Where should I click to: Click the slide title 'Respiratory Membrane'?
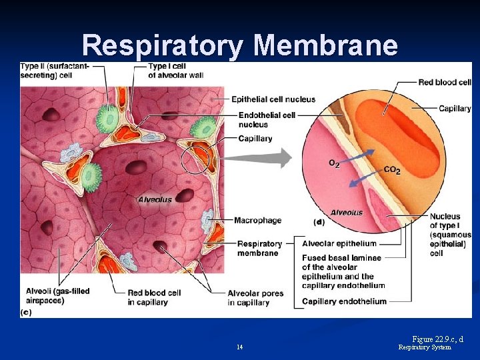click(240, 45)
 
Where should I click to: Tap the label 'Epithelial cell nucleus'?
click(273, 99)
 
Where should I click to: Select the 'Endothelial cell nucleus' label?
click(267, 119)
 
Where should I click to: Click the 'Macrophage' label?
click(257, 220)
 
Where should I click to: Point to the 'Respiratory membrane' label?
click(259, 248)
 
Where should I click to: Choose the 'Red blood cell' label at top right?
click(445, 82)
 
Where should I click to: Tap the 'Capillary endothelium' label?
click(344, 301)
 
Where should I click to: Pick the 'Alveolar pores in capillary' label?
click(255, 297)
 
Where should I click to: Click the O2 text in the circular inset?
click(334, 163)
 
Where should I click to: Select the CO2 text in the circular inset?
click(392, 171)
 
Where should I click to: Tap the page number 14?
click(239, 347)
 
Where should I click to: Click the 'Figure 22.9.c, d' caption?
click(437, 339)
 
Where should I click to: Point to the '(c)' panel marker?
click(26, 312)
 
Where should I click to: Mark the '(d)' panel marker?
click(319, 221)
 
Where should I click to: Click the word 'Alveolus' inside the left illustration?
click(155, 199)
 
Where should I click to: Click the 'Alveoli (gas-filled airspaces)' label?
click(57, 296)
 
